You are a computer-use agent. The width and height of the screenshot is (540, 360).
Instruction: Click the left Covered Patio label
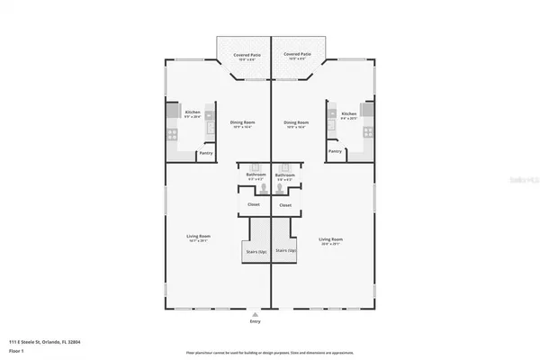[246, 54]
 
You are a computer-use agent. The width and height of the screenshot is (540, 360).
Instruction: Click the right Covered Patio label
[297, 54]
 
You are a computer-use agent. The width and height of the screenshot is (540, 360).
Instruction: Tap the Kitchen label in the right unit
[349, 114]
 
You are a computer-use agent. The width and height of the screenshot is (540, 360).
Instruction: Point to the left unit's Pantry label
[206, 152]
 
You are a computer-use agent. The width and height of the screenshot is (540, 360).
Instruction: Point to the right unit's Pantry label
[335, 152]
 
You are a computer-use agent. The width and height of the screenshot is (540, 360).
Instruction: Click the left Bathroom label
[256, 176]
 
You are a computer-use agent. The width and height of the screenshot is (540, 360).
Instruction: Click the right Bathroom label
[285, 176]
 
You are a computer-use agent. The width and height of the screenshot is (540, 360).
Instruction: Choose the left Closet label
[255, 205]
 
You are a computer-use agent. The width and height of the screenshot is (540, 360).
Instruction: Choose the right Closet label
[285, 205]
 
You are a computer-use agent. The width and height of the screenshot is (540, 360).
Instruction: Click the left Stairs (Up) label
[256, 252]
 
